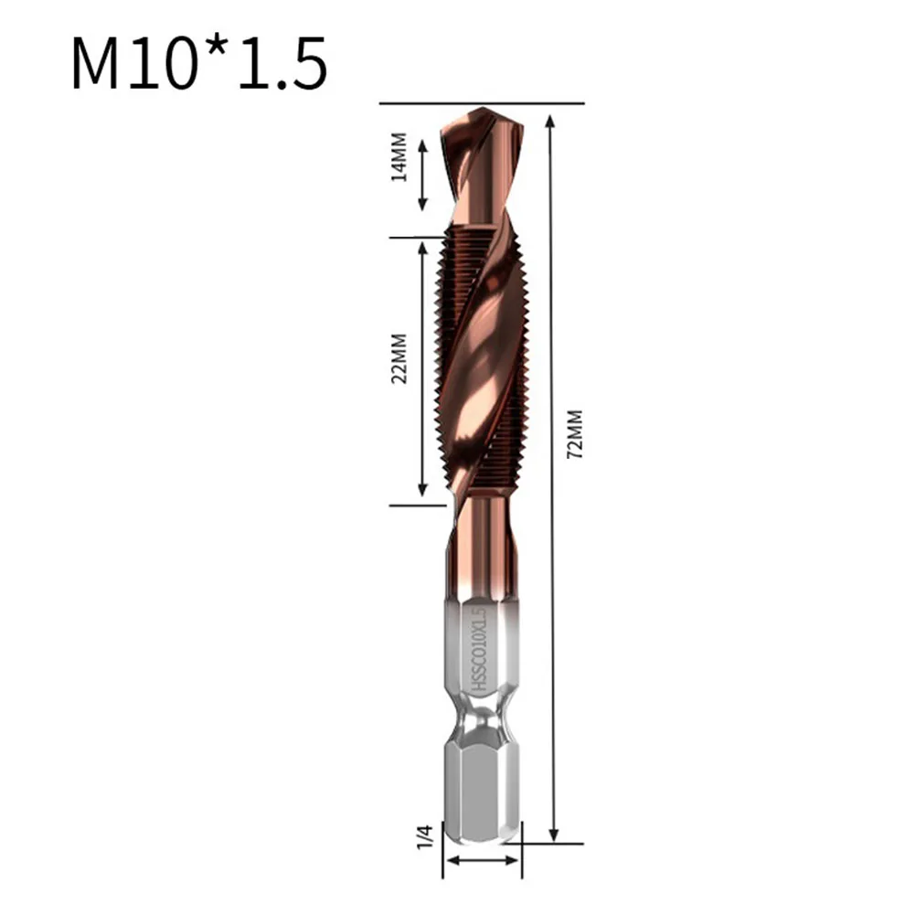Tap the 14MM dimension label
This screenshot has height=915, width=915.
(x=399, y=162)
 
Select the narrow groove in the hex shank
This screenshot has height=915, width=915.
(x=482, y=728)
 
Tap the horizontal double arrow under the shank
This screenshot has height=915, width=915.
(x=482, y=860)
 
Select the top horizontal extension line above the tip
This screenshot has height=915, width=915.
(x=482, y=103)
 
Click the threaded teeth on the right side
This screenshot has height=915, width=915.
(x=519, y=366)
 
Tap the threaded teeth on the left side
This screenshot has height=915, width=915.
(x=445, y=366)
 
